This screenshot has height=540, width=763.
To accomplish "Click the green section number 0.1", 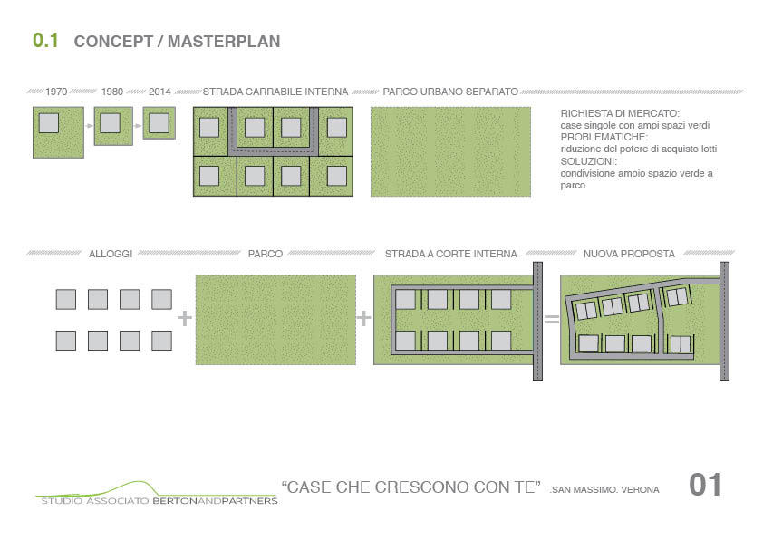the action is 45,41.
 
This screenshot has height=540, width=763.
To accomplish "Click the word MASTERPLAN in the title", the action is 224,42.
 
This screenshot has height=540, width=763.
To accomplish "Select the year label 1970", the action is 56,92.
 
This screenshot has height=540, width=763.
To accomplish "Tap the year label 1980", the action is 112,92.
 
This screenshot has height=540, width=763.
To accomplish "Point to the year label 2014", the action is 159,92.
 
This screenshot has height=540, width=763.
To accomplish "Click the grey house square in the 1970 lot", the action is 49,122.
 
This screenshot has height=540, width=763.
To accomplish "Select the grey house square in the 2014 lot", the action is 159,122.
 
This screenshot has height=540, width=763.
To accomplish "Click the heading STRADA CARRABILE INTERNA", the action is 275,92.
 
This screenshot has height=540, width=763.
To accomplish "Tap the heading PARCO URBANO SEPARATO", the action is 450,92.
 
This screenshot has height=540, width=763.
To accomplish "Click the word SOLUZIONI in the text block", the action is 588,161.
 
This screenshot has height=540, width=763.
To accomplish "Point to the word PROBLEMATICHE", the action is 604,137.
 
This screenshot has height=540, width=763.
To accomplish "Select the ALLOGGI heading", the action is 111,254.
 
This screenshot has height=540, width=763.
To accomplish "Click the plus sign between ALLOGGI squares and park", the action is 185,318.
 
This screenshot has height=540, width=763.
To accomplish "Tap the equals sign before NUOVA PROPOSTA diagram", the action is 551,319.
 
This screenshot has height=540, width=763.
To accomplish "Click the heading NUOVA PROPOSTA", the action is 629,254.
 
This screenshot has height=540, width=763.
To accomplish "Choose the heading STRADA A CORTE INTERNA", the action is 451,254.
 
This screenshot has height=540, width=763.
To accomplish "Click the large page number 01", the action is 705,485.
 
